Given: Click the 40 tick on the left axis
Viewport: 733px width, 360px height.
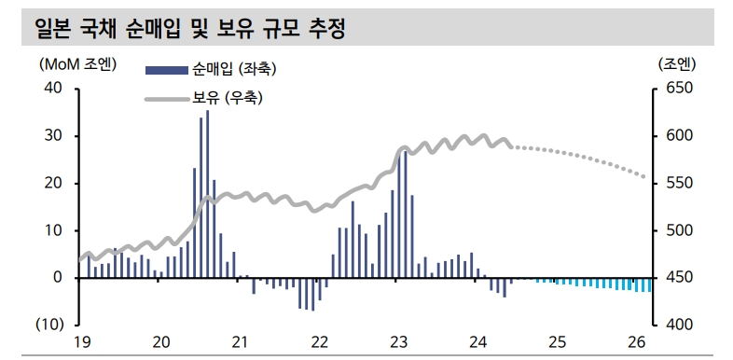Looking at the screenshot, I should pyautogui.click(x=51, y=89).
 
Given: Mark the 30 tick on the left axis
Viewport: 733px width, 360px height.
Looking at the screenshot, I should pyautogui.click(x=51, y=136).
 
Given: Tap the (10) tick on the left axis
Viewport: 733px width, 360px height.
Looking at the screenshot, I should pyautogui.click(x=49, y=325).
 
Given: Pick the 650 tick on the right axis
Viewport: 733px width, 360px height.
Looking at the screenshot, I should pyautogui.click(x=677, y=89).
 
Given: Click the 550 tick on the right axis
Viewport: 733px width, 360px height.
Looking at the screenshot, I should pyautogui.click(x=677, y=184).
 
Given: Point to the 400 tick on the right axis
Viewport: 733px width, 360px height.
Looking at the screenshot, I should pyautogui.click(x=677, y=325).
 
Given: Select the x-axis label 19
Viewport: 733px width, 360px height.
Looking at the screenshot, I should pyautogui.click(x=81, y=342).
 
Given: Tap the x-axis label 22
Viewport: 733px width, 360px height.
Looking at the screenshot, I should pyautogui.click(x=319, y=342).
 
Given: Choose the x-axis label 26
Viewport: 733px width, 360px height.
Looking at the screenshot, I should pyautogui.click(x=637, y=342).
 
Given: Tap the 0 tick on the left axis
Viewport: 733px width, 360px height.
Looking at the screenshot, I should pyautogui.click(x=58, y=278).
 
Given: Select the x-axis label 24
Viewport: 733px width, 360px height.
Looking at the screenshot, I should pyautogui.click(x=477, y=342).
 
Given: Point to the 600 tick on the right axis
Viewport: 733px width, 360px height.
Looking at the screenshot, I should pyautogui.click(x=677, y=136).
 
